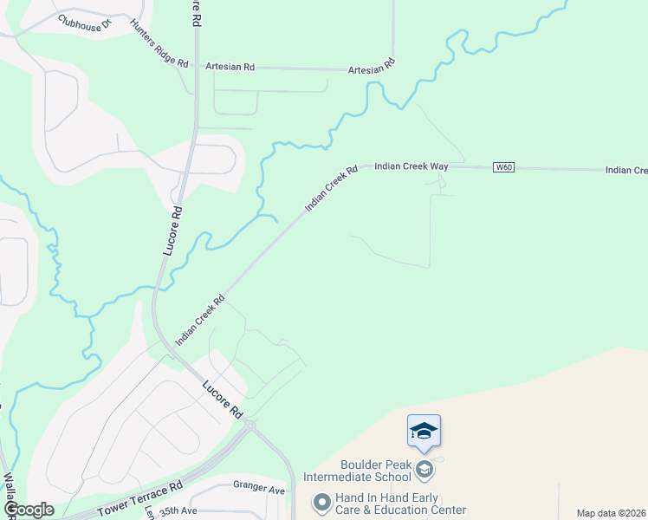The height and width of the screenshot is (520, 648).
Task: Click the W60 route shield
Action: pyautogui.click(x=503, y=166)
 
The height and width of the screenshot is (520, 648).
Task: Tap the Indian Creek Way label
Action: pyautogui.click(x=411, y=165)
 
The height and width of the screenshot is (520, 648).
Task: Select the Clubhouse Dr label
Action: pyautogui.click(x=86, y=23)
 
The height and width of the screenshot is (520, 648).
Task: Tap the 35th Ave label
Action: pyautogui.click(x=179, y=512)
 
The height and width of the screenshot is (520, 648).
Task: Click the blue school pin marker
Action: pyautogui.click(x=424, y=432)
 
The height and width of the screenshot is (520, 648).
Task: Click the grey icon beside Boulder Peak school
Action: pyautogui.click(x=424, y=470)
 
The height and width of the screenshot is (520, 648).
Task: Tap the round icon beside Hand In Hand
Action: pyautogui.click(x=321, y=503)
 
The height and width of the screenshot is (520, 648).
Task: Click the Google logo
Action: pyautogui.click(x=29, y=510)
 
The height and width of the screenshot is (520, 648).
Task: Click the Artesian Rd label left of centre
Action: pyautogui.click(x=230, y=66)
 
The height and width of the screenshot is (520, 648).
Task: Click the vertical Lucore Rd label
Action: pyautogui.click(x=172, y=230)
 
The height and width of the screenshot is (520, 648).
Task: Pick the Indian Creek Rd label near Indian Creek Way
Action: pyautogui.click(x=331, y=190)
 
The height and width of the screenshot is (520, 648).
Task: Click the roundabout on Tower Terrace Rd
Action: pyautogui.click(x=250, y=425)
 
